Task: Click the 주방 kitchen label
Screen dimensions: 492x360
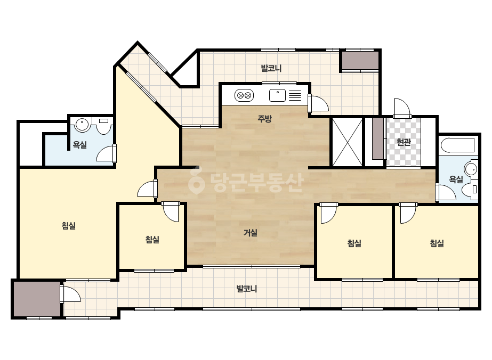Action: point(264,119)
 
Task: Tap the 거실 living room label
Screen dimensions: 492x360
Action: point(251,233)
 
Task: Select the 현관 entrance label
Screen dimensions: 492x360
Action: point(404,142)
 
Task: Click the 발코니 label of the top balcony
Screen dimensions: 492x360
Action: point(271,68)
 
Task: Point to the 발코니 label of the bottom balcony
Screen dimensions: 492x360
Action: point(247,289)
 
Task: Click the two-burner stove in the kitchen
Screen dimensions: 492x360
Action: point(244,95)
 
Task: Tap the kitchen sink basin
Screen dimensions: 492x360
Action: point(277,95)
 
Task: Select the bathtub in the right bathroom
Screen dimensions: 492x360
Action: point(458,145)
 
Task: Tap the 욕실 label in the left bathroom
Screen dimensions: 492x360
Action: point(79,145)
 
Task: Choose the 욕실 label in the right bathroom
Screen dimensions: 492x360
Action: point(456,179)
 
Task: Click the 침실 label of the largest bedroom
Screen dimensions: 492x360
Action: point(68,225)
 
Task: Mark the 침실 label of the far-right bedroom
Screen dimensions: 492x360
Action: point(437,243)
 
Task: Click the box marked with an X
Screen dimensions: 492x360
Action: point(347,142)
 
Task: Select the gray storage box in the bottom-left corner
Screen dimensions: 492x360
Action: point(37,299)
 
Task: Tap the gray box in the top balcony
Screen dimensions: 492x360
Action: point(360,60)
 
